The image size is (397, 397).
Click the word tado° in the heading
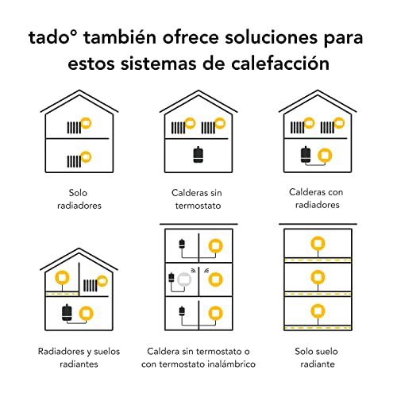[x=53, y=37]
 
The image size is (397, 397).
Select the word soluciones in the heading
[x=271, y=37]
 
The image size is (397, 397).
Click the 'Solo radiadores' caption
[x=79, y=199]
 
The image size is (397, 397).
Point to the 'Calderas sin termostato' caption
[x=197, y=199]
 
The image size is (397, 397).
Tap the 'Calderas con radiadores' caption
[x=316, y=198]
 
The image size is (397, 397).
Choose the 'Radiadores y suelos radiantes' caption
[x=79, y=357]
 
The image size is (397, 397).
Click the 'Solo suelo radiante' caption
[x=317, y=357]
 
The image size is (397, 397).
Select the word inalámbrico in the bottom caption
[x=232, y=364]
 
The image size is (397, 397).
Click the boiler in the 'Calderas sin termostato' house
[x=198, y=155]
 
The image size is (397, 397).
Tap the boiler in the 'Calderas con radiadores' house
[x=306, y=154]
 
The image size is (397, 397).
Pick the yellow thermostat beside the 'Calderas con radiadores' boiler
[x=325, y=156]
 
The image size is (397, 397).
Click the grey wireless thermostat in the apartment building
[x=184, y=279]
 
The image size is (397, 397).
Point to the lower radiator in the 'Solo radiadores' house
[x=74, y=161]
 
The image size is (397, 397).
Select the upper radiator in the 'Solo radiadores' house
[x=74, y=127]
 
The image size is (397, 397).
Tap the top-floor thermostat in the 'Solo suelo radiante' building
[x=318, y=244]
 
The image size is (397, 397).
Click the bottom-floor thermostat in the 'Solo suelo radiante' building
[x=318, y=311]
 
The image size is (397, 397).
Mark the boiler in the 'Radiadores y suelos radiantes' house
[x=67, y=312]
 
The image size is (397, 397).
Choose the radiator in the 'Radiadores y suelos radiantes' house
[x=91, y=285]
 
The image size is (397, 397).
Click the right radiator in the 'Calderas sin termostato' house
[x=208, y=128]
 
